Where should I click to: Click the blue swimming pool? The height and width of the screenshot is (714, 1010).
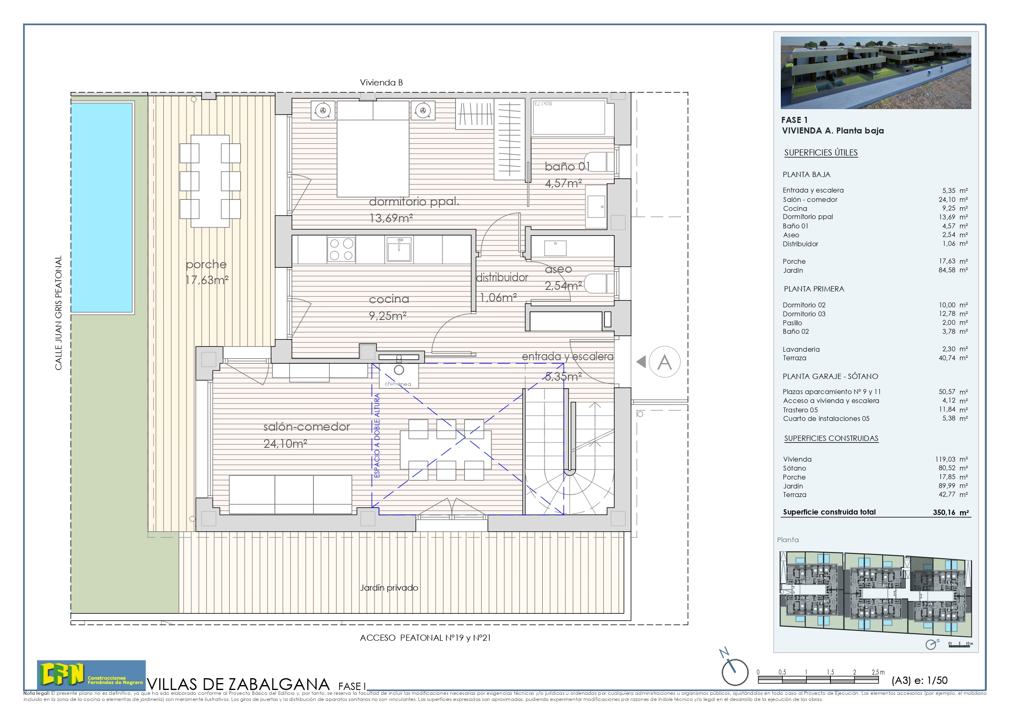[102, 207]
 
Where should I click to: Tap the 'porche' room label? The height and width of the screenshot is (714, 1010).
[206, 265]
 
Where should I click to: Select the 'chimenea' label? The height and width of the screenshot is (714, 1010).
[398, 383]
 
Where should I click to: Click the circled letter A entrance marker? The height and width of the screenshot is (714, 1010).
[664, 362]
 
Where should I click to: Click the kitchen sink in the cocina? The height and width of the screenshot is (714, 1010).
[399, 250]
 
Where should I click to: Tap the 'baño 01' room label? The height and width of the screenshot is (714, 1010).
[567, 166]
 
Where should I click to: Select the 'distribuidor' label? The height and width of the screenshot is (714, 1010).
[502, 277]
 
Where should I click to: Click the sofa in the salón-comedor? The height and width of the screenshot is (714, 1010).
[290, 494]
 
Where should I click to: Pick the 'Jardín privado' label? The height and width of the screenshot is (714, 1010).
[389, 588]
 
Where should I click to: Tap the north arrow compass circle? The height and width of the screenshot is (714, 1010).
[735, 672]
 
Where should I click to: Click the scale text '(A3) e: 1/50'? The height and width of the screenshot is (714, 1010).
[919, 680]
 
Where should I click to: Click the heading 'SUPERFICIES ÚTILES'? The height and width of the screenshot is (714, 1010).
[821, 153]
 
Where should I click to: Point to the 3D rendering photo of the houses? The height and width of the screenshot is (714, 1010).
[875, 72]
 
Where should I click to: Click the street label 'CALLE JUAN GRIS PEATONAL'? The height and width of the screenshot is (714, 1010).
[59, 313]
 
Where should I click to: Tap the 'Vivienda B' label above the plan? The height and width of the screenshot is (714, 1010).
[381, 83]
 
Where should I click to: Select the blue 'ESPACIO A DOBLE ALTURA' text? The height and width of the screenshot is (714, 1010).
[377, 435]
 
